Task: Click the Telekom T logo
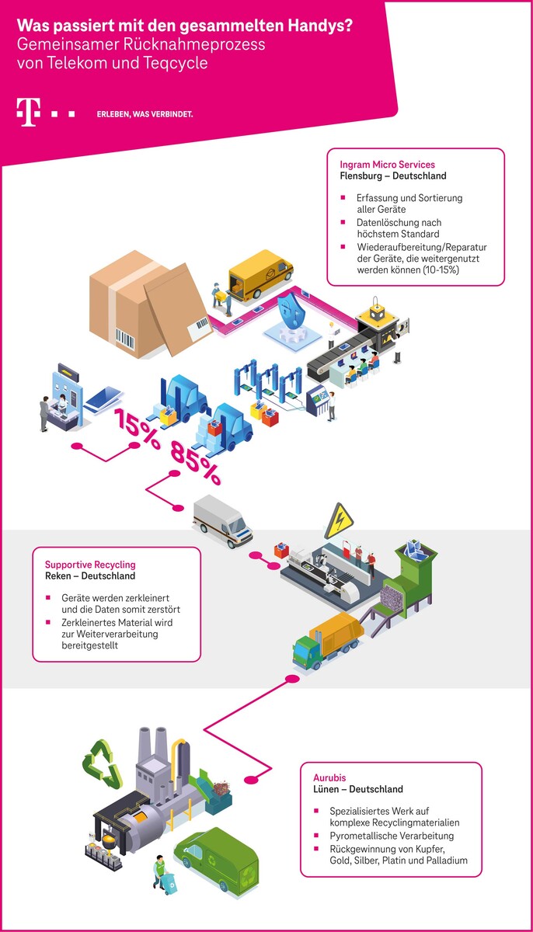(29, 113)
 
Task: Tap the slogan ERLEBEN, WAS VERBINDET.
(145, 114)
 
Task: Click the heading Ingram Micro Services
(387, 165)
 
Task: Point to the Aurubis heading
(331, 777)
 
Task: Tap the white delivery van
(222, 519)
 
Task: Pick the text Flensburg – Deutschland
(392, 176)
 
